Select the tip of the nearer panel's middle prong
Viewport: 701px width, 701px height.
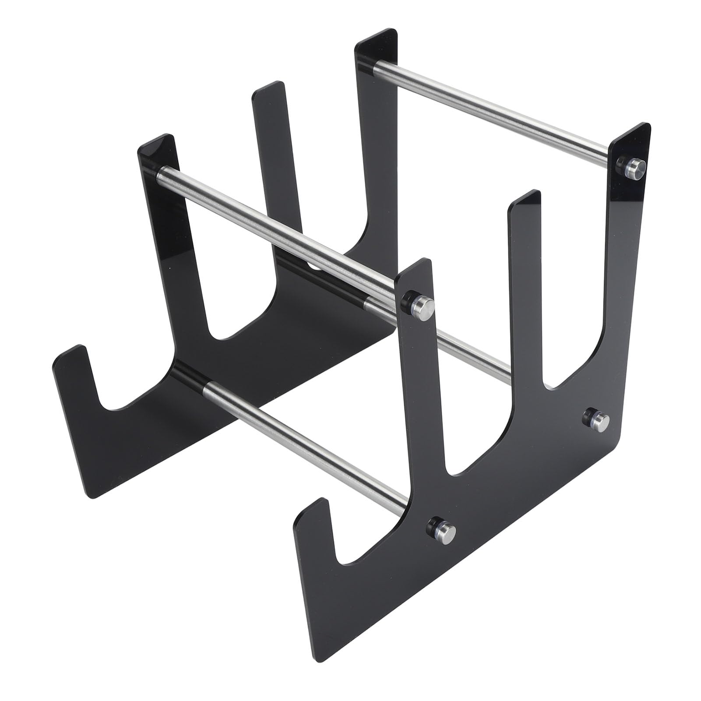[x=525, y=197]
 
